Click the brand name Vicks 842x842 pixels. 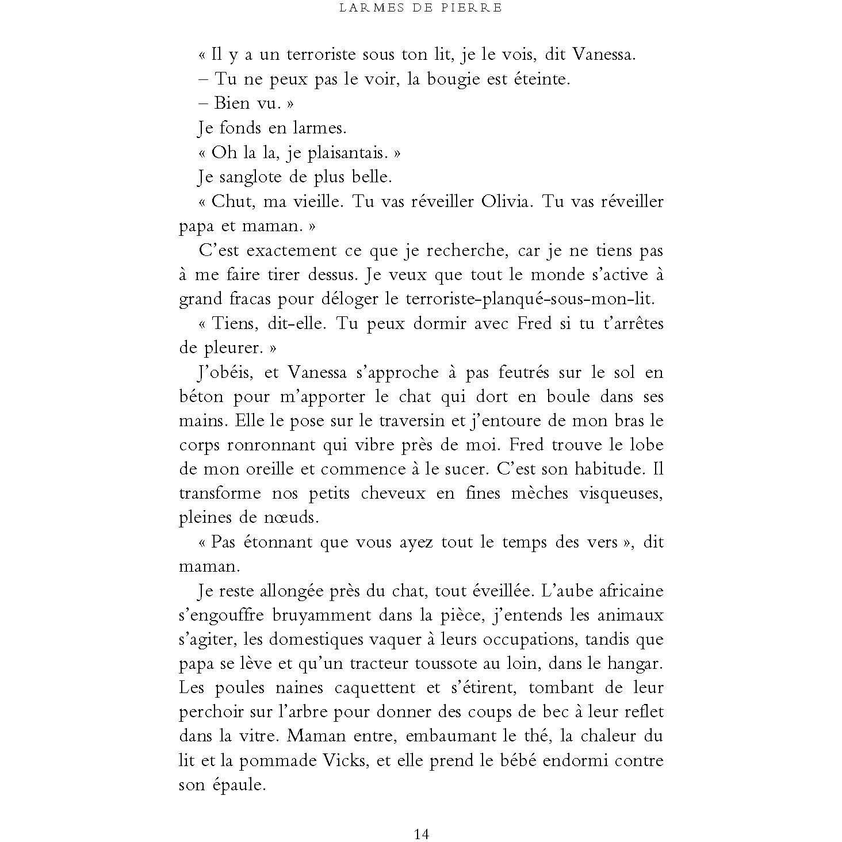(347, 760)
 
